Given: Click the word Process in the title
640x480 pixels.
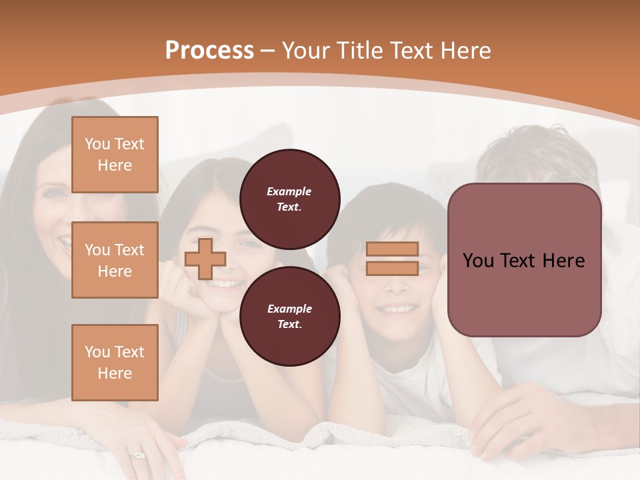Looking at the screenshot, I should pos(209,51).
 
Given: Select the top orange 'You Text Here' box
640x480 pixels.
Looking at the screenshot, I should pos(115,155).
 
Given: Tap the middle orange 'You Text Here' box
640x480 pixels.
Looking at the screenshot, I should pos(115,260).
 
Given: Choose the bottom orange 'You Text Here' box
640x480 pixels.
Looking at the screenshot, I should pos(115,363).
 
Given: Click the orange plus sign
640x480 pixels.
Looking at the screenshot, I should pos(205,259).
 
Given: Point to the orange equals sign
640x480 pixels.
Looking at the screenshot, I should pos(392,259).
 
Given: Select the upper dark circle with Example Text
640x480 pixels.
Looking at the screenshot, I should pos(289,199).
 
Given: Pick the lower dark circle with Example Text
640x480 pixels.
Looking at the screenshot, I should pos(289,316).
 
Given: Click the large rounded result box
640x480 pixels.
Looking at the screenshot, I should pos(524,260).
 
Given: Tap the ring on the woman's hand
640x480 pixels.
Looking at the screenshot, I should pos(138,456).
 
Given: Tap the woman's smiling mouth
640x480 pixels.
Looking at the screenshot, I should pos(64,244).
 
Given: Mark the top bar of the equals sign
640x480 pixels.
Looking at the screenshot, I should pos(392,249).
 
